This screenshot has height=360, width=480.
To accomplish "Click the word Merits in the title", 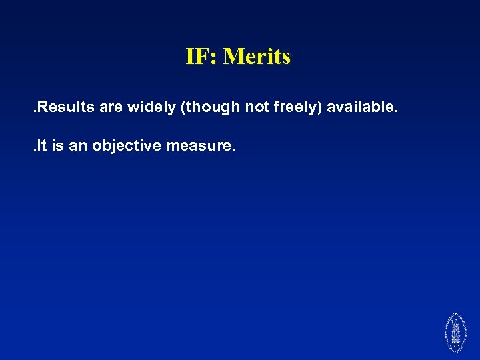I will coord(257,57).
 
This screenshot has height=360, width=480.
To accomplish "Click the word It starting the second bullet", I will coord(41,145).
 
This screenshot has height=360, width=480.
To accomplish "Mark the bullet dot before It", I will coord(33,150).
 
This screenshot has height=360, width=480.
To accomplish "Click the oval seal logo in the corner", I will coord(455,332).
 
